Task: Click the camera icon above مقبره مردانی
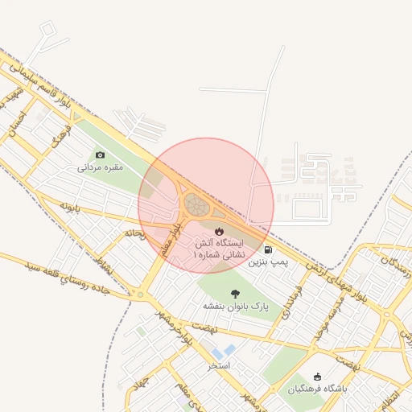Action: (x=101, y=154)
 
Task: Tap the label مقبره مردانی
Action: (x=100, y=168)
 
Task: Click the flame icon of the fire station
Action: (x=197, y=232)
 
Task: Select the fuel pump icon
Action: (x=267, y=249)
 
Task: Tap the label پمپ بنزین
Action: (x=267, y=262)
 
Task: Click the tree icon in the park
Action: (x=235, y=294)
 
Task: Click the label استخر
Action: (x=219, y=365)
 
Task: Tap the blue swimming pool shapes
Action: (x=225, y=351)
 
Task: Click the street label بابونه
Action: (x=71, y=207)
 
